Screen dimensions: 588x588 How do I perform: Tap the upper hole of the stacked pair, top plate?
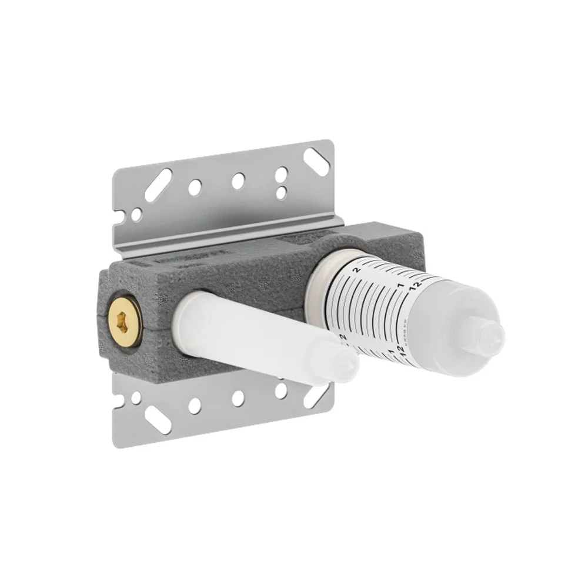[x=282, y=173]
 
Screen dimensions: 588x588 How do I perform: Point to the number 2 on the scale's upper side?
[x=356, y=270]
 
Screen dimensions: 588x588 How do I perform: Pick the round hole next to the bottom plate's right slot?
[x=281, y=390]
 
